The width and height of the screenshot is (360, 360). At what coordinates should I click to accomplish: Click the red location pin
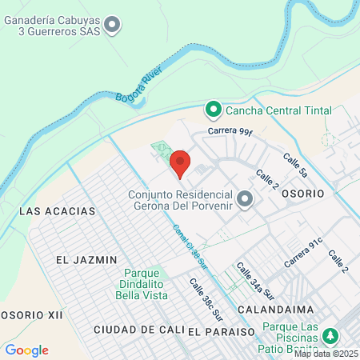click(180, 162)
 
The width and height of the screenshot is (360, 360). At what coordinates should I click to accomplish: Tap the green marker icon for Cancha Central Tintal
click(214, 109)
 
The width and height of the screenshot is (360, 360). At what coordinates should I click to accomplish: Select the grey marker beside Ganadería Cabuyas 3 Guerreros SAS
click(113, 26)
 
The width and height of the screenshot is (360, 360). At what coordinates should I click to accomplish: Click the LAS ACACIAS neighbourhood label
click(57, 211)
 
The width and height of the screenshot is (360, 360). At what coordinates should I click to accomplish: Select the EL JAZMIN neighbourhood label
click(87, 260)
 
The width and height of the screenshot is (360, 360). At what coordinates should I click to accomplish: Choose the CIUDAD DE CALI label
click(138, 330)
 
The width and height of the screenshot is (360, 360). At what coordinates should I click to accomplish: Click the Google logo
click(26, 350)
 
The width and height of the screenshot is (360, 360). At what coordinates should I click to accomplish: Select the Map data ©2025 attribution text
click(326, 353)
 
